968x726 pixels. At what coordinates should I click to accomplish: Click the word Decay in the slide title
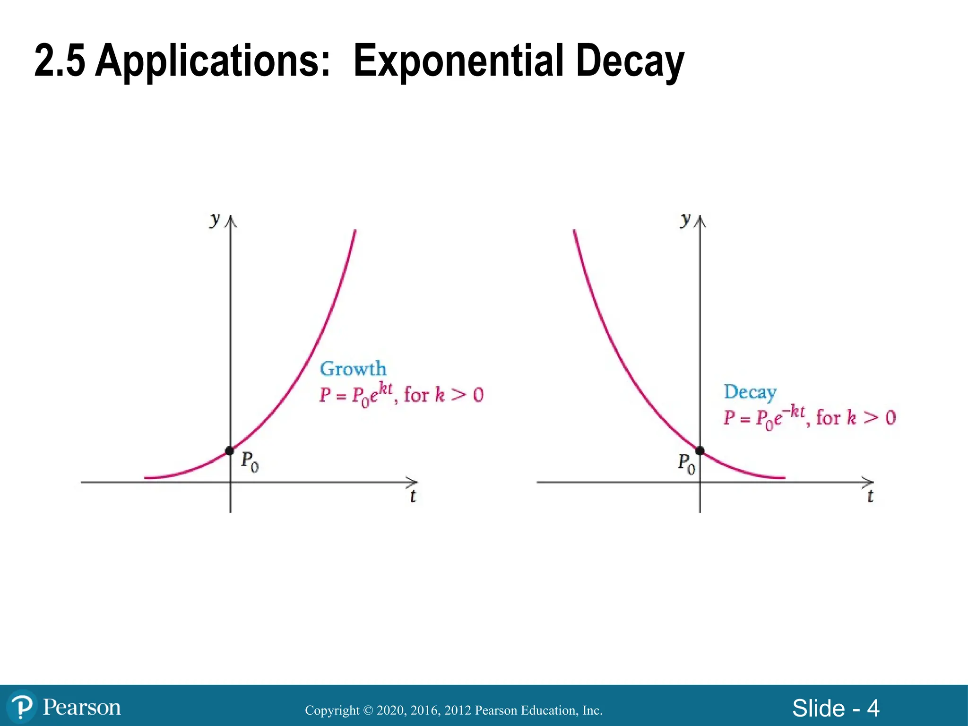[630, 61]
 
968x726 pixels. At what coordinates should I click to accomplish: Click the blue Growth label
[353, 369]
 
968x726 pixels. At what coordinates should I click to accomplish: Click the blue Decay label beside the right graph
[750, 392]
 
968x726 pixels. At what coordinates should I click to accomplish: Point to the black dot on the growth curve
[230, 451]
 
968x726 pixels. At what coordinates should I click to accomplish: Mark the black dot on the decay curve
[700, 451]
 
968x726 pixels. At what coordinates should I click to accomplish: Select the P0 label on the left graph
[250, 461]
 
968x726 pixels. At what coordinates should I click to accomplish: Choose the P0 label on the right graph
[686, 463]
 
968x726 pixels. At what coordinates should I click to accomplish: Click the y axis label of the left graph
[215, 219]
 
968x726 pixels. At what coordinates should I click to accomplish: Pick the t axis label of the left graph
[413, 496]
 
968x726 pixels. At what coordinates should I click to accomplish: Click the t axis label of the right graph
[870, 496]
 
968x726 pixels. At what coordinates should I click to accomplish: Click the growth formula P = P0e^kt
[356, 395]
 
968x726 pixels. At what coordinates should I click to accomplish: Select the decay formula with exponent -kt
[764, 417]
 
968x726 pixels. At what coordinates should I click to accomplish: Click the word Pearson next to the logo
[82, 708]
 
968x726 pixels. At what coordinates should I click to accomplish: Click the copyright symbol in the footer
[368, 710]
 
